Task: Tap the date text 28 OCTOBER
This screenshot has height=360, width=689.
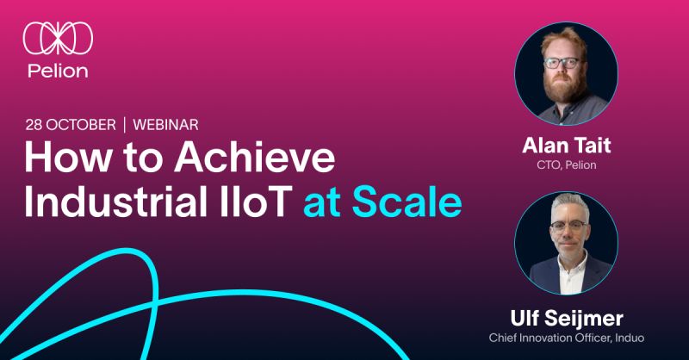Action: tap(70, 125)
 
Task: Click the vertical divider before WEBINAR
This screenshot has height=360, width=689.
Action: tap(125, 125)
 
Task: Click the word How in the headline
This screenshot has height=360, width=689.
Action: tap(64, 161)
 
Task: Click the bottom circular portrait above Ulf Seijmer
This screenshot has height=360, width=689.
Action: tap(566, 243)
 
